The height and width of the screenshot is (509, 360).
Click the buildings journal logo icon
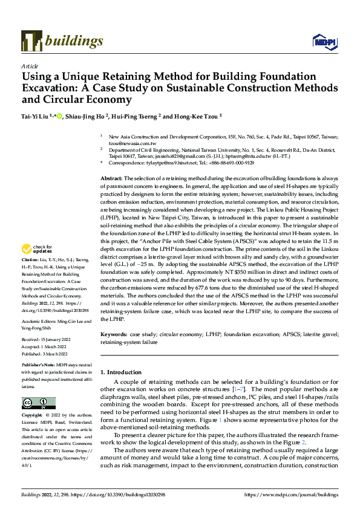coord(29,40)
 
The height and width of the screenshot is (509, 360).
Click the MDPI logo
coord(321,41)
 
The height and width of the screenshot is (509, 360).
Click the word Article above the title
coord(30,66)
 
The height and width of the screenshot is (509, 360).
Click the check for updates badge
coord(38,266)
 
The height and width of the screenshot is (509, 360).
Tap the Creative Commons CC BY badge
coord(38,403)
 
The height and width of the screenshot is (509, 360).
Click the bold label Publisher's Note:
coord(39,366)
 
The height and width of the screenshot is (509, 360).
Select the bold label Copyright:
coord(33,416)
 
